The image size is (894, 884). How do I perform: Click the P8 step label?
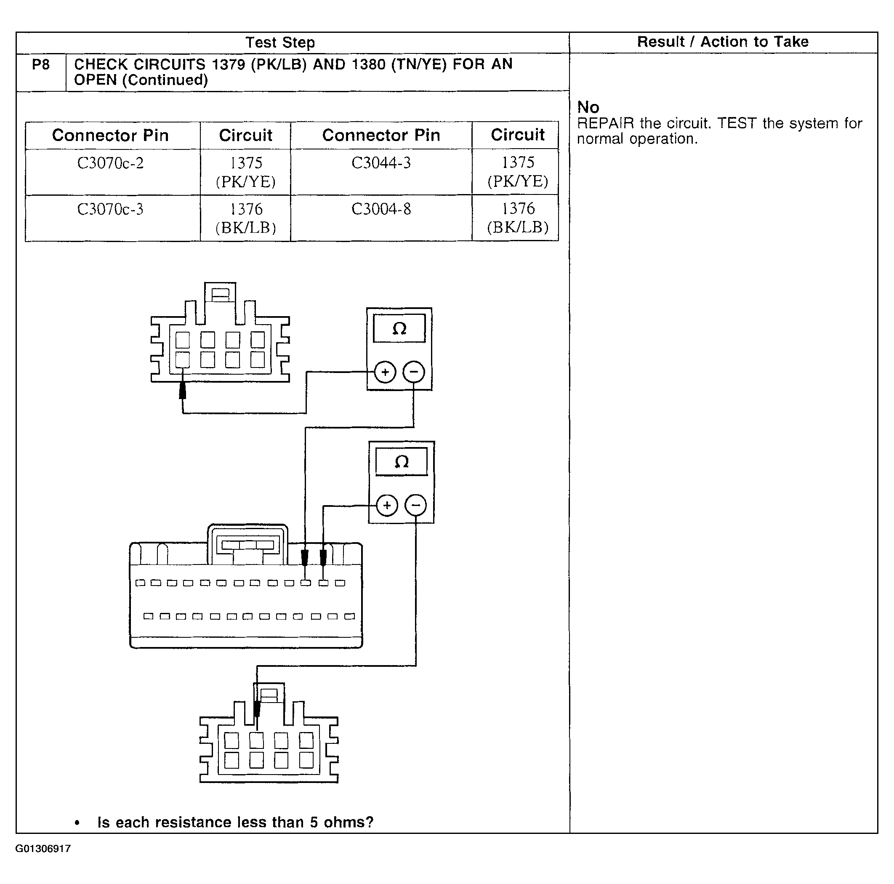coord(41,64)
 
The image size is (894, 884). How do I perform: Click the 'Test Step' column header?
coord(280,43)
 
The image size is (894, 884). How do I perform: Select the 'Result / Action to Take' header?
coord(722,42)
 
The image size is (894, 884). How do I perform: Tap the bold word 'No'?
coord(588,107)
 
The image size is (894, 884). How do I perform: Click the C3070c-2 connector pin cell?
coord(110,163)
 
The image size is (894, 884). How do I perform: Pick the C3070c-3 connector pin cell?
coord(110,209)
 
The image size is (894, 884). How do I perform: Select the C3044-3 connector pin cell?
coord(381,163)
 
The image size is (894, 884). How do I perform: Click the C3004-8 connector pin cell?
coord(381,209)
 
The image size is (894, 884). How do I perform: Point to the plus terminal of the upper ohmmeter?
coord(385,372)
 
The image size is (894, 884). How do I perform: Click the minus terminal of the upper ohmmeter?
coord(414,372)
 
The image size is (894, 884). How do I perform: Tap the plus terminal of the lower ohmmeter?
coord(387,505)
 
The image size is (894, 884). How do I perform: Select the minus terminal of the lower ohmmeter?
coord(415,505)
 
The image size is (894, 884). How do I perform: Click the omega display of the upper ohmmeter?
coord(399,329)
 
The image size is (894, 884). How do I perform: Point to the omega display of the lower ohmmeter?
coord(401,461)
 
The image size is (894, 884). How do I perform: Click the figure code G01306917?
coord(43,849)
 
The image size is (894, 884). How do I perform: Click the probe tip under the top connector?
coord(182,391)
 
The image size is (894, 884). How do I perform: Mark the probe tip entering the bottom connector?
coord(257,708)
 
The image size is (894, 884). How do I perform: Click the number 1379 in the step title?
coord(228,64)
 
